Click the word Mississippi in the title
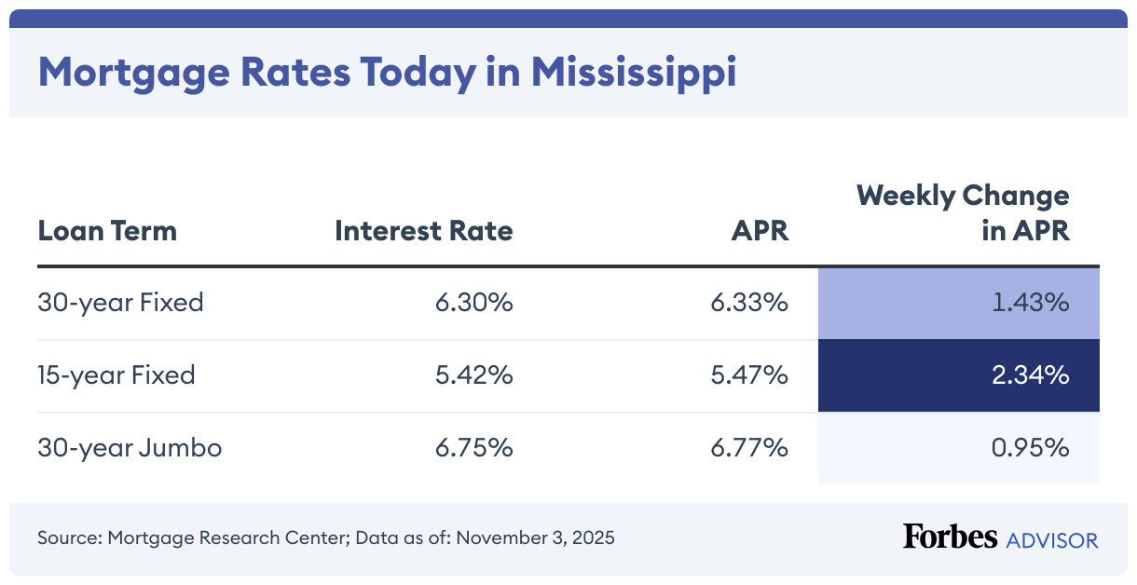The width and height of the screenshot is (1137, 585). tap(634, 74)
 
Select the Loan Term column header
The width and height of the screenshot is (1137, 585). tap(107, 230)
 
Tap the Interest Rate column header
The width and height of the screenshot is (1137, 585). tap(424, 230)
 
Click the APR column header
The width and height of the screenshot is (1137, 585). tap(760, 230)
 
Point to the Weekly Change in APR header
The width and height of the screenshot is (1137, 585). tap(963, 213)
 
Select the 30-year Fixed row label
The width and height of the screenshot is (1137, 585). tap(120, 303)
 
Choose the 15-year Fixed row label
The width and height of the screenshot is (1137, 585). tap(116, 375)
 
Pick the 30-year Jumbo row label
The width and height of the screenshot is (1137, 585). tap(130, 448)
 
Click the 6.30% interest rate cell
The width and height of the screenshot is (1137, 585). tap(473, 303)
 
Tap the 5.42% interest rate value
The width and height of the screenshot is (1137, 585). tap(473, 375)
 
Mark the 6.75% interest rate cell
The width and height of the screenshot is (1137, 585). tap(473, 448)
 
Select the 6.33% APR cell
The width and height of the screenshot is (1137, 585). tap(749, 303)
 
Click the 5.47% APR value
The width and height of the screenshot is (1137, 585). tap(749, 375)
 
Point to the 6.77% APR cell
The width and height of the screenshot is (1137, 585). tap(749, 448)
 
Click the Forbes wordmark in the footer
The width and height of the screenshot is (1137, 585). tap(950, 537)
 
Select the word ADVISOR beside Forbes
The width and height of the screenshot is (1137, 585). tap(1052, 539)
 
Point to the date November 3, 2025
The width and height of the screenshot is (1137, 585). tap(535, 538)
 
